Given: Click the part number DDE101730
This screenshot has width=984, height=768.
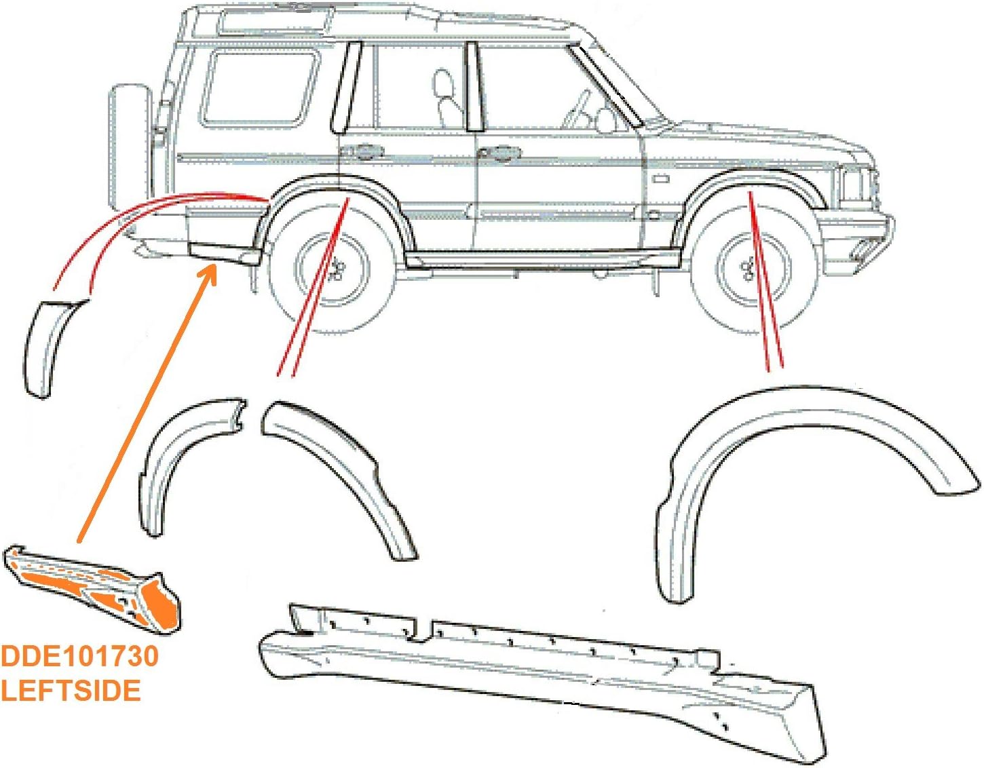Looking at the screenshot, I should (x=79, y=656).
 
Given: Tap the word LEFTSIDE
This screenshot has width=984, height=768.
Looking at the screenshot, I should (x=71, y=691).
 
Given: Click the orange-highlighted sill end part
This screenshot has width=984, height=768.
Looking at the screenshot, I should (x=95, y=588).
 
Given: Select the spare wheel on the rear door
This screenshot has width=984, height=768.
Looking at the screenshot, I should (x=129, y=146).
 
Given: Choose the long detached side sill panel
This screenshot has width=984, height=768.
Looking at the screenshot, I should (x=543, y=678).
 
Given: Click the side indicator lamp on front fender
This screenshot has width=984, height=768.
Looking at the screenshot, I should (x=660, y=179).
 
